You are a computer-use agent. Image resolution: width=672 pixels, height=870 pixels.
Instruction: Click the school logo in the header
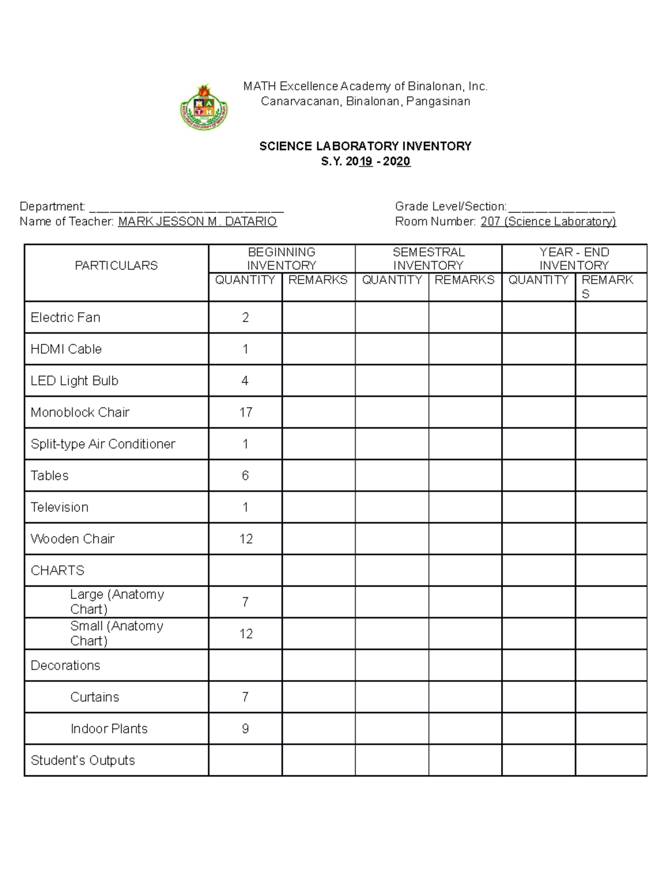(205, 107)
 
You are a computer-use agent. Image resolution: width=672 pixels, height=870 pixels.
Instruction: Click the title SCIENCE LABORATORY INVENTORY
(365, 146)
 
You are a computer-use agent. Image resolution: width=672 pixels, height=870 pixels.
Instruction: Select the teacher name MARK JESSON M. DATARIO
(197, 221)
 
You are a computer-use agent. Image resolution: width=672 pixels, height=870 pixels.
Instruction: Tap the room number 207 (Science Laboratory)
(548, 221)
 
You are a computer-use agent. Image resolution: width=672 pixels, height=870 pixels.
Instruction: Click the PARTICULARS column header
(116, 266)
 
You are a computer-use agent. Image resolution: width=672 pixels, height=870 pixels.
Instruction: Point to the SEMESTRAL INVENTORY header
(428, 259)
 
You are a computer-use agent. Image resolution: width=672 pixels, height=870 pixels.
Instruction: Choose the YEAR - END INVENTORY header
(574, 259)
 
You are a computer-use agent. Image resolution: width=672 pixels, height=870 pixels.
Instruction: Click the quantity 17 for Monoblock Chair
(245, 412)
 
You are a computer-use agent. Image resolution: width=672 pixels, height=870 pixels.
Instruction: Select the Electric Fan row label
(66, 318)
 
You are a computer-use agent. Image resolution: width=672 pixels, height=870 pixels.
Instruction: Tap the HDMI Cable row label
(66, 349)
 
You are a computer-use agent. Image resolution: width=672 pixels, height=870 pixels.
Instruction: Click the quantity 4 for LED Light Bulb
(245, 381)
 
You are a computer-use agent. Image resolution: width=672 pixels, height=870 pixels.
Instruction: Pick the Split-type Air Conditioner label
(103, 444)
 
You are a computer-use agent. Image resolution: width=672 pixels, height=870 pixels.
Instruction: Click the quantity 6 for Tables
(245, 476)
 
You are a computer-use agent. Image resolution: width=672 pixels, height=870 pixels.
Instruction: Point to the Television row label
(59, 508)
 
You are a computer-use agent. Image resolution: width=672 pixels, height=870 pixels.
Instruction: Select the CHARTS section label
(58, 570)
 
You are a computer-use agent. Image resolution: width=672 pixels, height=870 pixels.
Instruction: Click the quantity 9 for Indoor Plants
(245, 729)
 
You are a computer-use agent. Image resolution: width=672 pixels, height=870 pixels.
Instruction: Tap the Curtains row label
(95, 697)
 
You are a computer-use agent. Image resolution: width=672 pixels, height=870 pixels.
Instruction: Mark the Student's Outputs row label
(83, 760)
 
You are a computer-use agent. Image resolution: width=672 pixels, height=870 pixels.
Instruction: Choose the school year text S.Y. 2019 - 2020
(365, 161)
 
